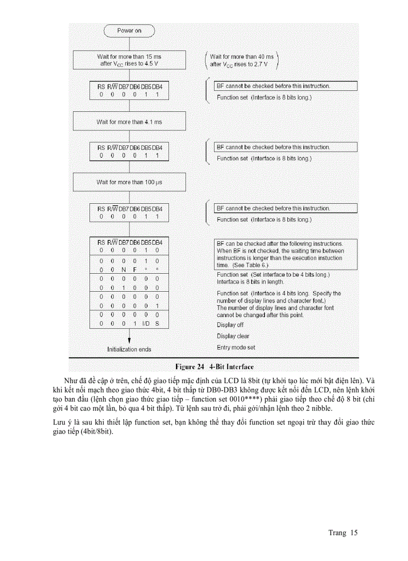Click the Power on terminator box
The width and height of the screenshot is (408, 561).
coord(129,31)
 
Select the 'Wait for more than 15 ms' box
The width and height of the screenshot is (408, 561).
coord(129,60)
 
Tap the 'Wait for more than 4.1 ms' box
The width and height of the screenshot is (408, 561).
coord(129,122)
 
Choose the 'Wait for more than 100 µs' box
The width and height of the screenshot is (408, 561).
coord(129,182)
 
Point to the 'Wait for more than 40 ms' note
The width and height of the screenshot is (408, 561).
coord(242,60)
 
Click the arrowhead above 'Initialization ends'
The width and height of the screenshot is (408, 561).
coord(129,340)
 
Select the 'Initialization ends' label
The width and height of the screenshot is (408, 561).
coord(129,349)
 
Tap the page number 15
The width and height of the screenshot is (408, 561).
coord(354,533)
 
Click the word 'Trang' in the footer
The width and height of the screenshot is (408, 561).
coord(337,533)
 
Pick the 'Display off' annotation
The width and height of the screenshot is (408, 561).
coord(230,325)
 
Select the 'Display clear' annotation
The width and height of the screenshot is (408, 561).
coord(233,336)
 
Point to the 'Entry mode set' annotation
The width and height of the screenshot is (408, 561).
coord(236,347)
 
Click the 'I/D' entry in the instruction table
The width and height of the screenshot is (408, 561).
coord(145,324)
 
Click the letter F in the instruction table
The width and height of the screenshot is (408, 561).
coord(134,269)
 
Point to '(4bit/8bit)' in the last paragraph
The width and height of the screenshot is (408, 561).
coord(96,432)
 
